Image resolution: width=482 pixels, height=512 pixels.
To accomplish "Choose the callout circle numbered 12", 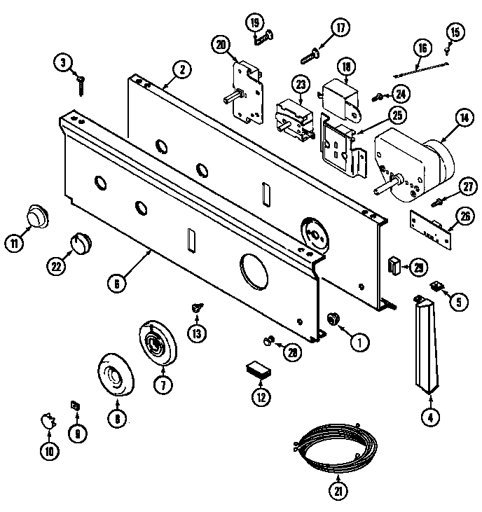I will click(x=260, y=397).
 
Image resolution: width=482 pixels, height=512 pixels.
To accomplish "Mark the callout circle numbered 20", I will click(x=221, y=46).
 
